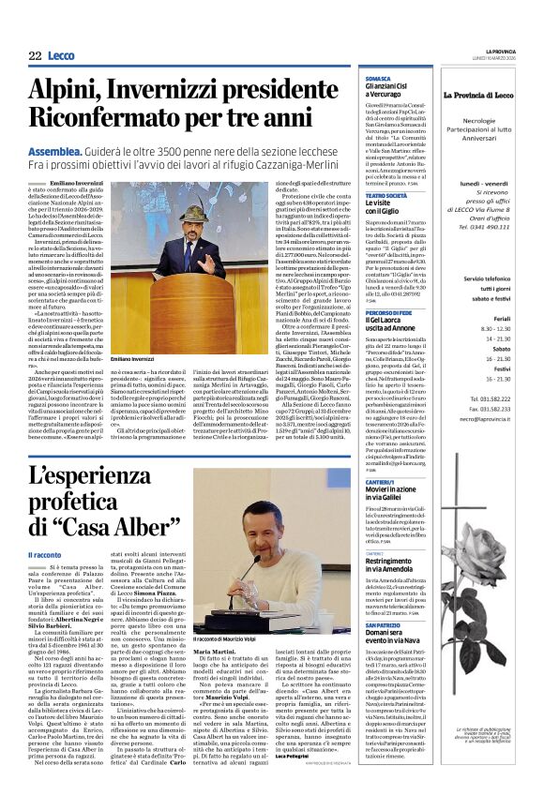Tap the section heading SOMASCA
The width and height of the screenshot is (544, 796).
377,79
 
